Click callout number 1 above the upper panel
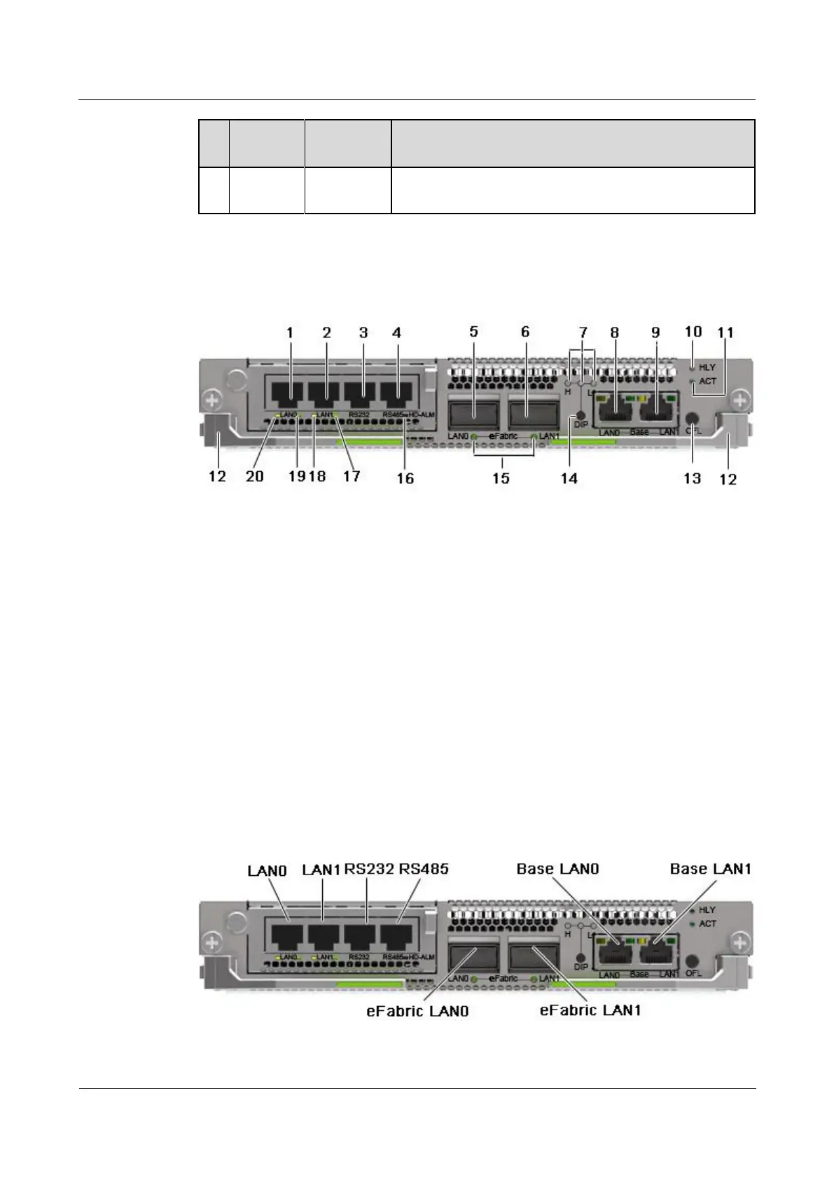point(291,333)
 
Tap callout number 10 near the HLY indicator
point(693,332)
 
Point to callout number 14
point(569,478)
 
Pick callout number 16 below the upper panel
point(405,478)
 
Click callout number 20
point(255,477)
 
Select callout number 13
point(692,478)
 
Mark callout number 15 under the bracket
point(501,478)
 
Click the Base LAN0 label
point(557,869)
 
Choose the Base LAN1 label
point(710,869)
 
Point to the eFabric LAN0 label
point(417,1011)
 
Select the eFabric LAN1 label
point(590,1011)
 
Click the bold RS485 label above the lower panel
point(424,869)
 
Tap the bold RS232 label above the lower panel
point(369,869)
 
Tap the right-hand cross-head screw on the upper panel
point(741,400)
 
